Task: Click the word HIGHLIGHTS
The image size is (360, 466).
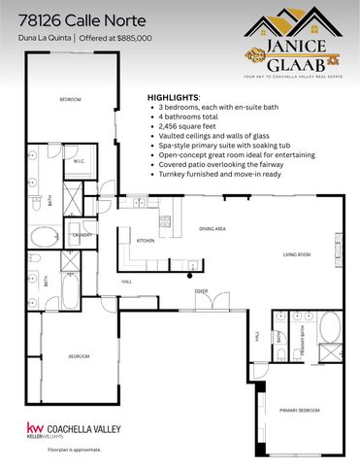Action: (x=173, y=98)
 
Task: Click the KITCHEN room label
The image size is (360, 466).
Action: (x=146, y=240)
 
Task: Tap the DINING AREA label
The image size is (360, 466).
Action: (x=213, y=228)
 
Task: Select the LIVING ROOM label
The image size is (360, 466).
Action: (x=296, y=254)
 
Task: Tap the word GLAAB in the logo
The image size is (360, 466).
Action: (x=300, y=55)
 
